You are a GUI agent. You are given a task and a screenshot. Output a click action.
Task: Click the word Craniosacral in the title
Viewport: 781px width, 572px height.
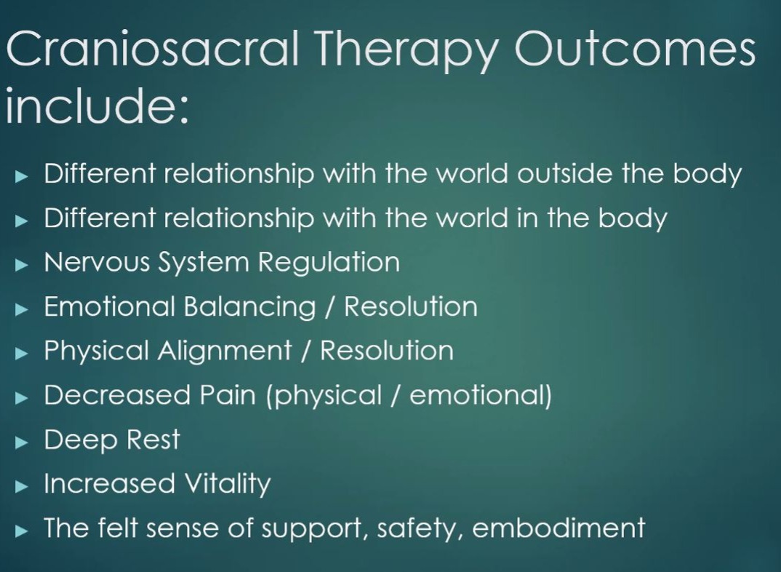[153, 48]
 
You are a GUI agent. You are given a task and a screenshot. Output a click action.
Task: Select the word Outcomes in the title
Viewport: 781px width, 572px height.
[635, 48]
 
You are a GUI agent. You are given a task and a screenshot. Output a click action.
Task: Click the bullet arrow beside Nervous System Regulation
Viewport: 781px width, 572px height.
[22, 265]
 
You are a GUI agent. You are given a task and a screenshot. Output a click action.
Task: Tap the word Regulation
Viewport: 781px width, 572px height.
[329, 262]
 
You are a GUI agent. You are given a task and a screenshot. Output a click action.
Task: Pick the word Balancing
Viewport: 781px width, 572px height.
[249, 307]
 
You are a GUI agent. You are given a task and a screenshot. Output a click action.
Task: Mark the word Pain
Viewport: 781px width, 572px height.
[227, 394]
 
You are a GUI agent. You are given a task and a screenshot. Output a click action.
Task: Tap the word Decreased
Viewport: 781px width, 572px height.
[117, 394]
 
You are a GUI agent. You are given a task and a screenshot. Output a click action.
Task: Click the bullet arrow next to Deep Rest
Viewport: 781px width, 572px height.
[22, 442]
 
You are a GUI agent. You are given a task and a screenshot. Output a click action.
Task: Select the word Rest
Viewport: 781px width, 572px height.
[153, 440]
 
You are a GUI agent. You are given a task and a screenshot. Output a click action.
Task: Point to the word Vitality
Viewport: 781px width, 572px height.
[228, 484]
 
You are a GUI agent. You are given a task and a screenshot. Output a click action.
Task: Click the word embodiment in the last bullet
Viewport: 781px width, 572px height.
[558, 528]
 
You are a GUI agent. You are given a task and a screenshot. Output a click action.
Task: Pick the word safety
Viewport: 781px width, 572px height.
[421, 528]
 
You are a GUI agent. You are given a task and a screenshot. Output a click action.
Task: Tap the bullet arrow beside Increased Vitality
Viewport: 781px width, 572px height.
[22, 486]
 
